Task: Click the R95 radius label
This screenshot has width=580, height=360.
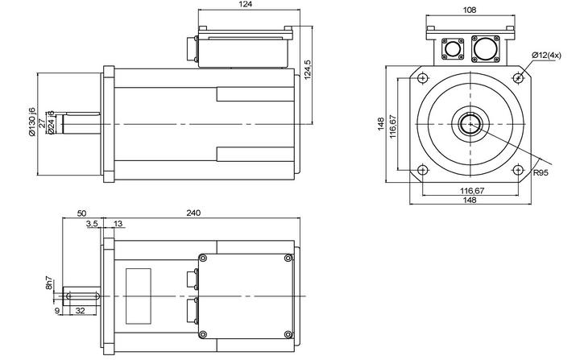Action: point(541,172)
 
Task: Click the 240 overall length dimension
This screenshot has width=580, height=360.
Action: point(193,213)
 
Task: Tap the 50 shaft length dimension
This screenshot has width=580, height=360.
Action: point(81,213)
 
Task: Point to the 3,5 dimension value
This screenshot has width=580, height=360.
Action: point(91,224)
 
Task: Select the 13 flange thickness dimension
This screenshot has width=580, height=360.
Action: point(118,224)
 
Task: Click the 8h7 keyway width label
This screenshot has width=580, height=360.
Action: point(49,282)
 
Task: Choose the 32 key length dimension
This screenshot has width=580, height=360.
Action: point(80,308)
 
